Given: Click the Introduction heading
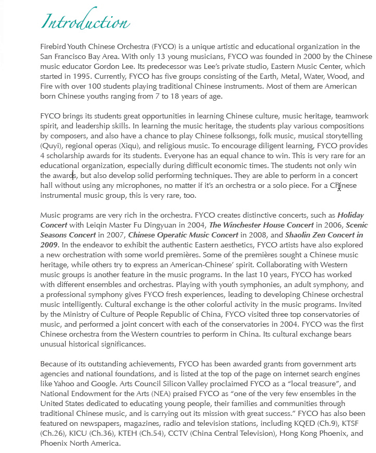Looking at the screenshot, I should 85,22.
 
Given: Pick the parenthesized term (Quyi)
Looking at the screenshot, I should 51,146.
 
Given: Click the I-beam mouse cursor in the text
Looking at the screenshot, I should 339,186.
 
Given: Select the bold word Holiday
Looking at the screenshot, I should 351,215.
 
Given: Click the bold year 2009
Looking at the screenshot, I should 49,245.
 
